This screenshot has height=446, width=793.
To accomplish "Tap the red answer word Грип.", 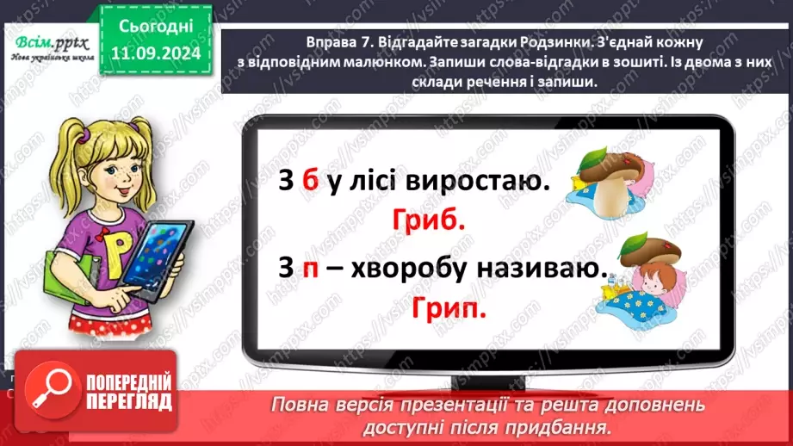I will [449, 307].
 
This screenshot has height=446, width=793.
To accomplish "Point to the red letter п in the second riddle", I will [312, 269].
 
